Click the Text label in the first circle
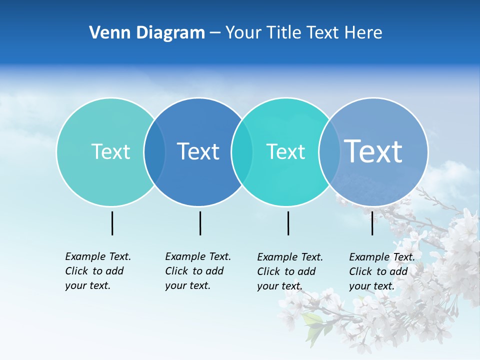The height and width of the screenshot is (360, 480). click(110, 151)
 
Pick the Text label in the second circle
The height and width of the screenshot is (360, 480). click(198, 151)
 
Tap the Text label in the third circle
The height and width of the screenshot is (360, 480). click(285, 151)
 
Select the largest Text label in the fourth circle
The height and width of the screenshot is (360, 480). click(373, 151)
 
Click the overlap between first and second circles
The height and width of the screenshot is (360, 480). click(154, 152)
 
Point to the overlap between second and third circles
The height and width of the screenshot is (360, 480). click(242, 152)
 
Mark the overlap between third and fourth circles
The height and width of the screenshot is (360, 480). click(329, 152)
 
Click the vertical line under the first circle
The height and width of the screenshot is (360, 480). click(112, 223)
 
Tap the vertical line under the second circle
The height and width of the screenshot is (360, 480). click(200, 223)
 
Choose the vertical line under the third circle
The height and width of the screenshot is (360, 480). click(288, 223)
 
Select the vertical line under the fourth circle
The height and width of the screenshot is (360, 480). click(372, 223)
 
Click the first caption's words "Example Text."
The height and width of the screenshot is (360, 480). click(98, 256)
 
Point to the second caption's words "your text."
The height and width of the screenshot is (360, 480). click(187, 285)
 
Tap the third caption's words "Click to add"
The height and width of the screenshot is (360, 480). click(286, 271)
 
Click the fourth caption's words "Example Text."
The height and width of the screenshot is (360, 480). click(382, 257)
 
